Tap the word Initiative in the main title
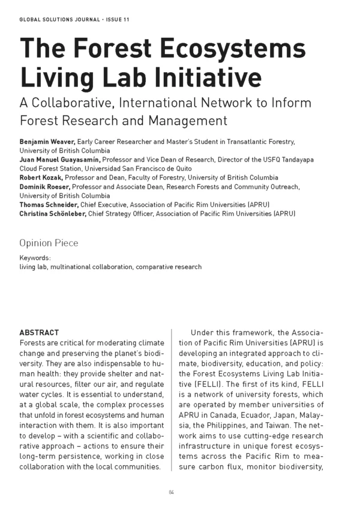202,78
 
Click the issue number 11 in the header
126,20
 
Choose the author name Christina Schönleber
53,214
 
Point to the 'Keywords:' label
35,257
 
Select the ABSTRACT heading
39,332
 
